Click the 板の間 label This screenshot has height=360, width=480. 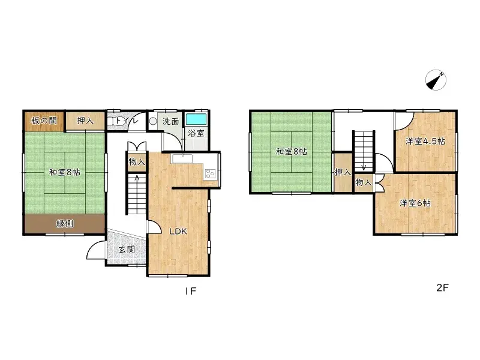[44, 121]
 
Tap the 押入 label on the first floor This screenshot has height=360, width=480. [85, 121]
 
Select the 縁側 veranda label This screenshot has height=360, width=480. [65, 224]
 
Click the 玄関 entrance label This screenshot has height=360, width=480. [126, 249]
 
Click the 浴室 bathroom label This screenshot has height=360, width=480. [196, 133]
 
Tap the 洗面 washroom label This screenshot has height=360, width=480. [171, 121]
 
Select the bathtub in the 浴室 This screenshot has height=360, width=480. [196, 118]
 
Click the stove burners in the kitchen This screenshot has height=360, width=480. [211, 174]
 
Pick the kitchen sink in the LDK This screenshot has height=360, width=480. [181, 158]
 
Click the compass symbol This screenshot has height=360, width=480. [437, 80]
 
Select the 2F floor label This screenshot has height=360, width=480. [442, 287]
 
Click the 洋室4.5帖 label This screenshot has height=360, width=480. [425, 142]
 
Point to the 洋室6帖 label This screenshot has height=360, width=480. [415, 203]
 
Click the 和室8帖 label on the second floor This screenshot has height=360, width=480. [291, 152]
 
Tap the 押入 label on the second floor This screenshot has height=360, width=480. [343, 173]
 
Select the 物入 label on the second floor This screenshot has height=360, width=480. [363, 182]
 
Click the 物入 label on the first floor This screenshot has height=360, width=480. [136, 161]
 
